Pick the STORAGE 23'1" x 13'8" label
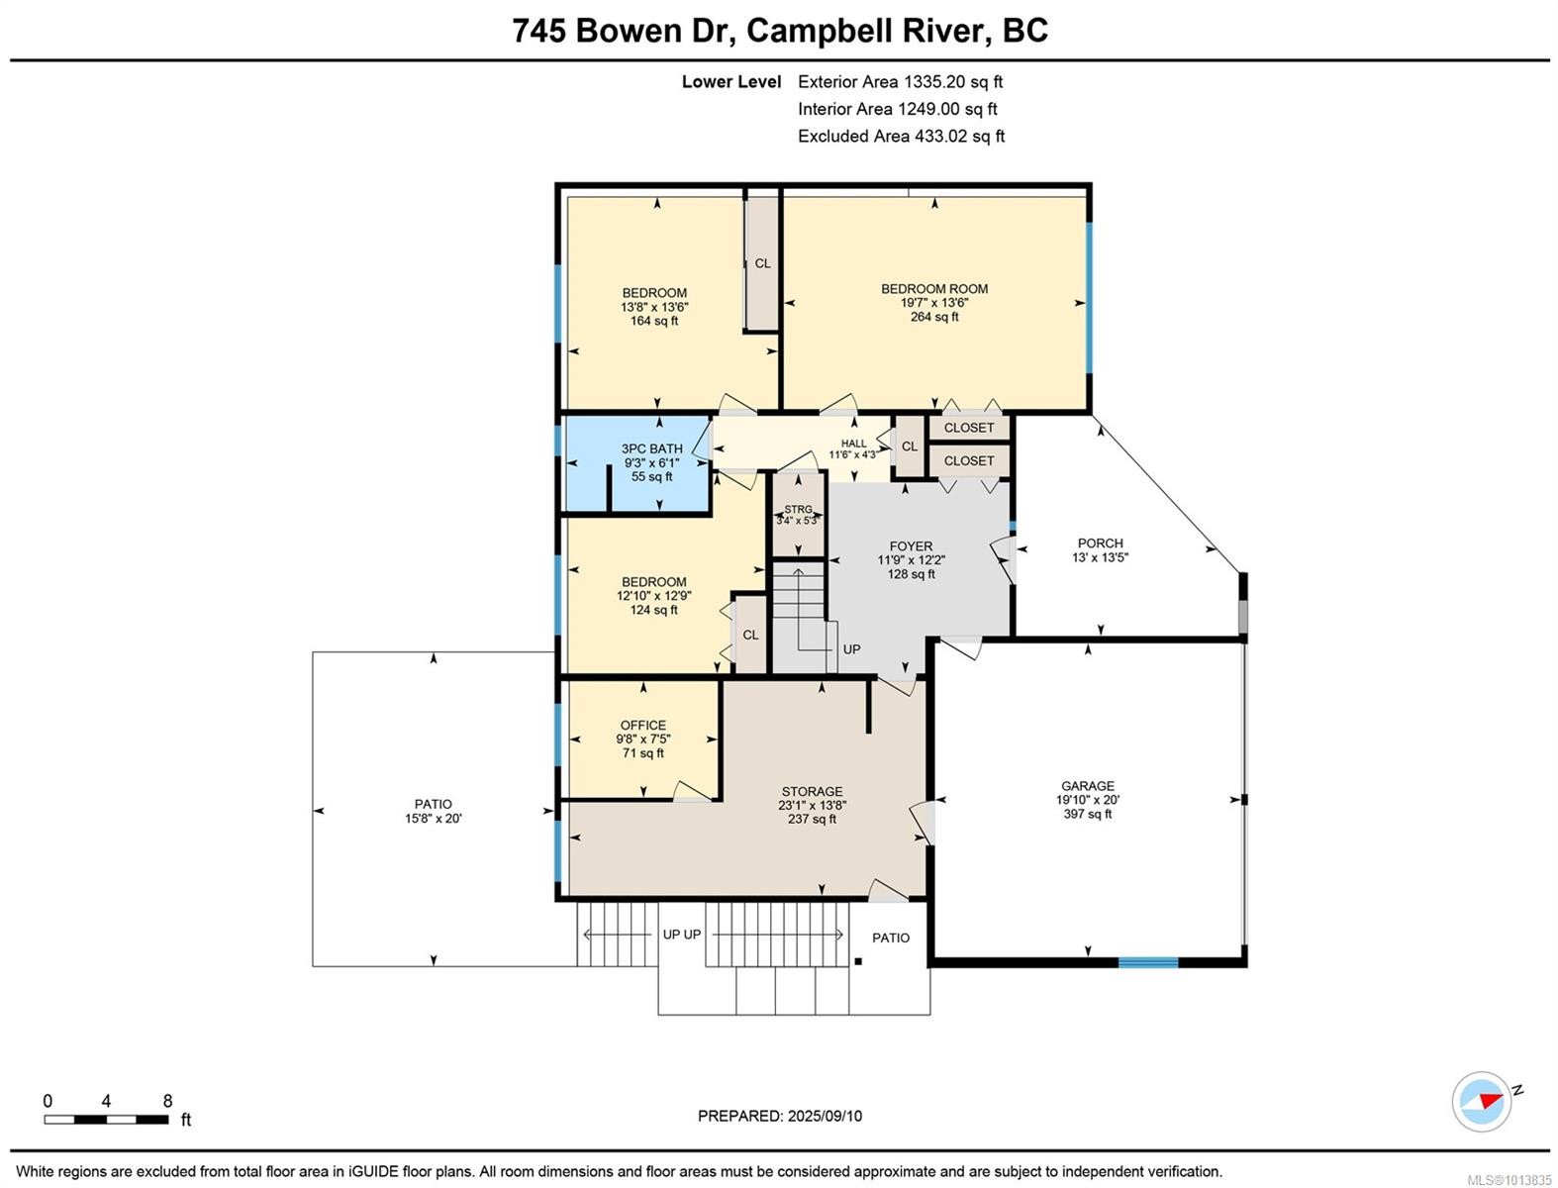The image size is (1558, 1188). (812, 805)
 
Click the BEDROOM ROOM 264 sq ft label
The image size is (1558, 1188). (934, 302)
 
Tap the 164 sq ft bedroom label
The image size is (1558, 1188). (653, 307)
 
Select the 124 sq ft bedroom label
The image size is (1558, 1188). (653, 596)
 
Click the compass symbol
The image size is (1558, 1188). (1482, 1101)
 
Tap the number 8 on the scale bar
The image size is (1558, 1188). (167, 1101)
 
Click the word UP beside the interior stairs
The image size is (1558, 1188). (851, 649)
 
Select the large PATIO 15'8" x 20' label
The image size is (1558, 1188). (433, 811)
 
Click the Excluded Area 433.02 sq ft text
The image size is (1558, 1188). (901, 137)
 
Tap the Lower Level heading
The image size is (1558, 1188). (730, 82)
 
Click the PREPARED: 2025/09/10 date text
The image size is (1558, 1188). (779, 1116)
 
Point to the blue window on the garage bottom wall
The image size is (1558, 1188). (1148, 961)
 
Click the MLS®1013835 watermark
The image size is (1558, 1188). (1509, 1180)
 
